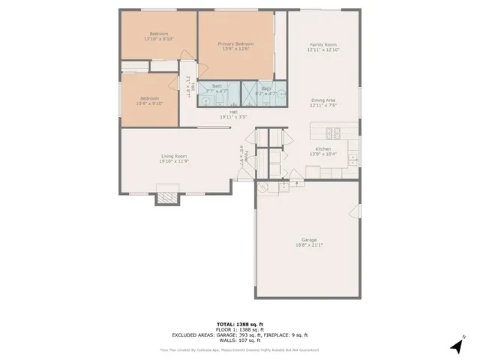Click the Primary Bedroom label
(235, 44)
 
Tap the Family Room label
(323, 45)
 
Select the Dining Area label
(323, 100)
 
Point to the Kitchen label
(323, 148)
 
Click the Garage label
(309, 240)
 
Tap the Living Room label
(172, 156)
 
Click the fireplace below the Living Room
(167, 198)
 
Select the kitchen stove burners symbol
(337, 135)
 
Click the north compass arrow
(455, 345)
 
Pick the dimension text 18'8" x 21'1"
(309, 245)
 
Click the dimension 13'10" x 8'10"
(158, 39)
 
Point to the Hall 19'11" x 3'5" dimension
(233, 117)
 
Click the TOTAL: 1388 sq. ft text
(239, 325)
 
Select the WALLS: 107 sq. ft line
(239, 340)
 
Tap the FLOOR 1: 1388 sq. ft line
(239, 330)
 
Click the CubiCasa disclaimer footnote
(239, 349)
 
